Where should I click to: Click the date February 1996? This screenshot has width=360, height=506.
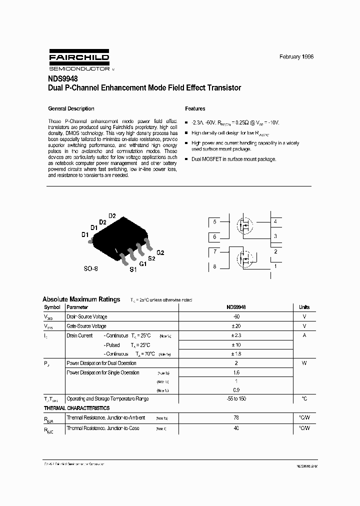(296, 57)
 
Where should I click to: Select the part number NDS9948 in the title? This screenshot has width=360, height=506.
(62, 78)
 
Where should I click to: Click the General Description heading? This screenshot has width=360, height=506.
(71, 108)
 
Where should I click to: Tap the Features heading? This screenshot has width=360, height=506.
(195, 108)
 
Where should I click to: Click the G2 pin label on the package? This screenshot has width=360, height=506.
(160, 252)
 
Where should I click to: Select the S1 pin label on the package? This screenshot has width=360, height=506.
(133, 270)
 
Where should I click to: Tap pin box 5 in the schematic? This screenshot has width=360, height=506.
(214, 221)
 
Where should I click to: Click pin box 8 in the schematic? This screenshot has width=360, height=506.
(214, 266)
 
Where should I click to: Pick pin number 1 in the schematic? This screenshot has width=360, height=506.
(275, 266)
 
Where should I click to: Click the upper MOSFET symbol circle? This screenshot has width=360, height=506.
(245, 225)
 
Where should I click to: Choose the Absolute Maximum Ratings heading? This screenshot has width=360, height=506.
(81, 299)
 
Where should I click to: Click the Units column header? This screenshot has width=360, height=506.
(304, 307)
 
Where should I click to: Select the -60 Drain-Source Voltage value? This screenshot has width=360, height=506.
(236, 316)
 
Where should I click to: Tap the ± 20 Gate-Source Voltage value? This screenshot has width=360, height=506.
(236, 326)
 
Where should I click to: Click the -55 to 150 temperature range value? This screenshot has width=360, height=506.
(236, 398)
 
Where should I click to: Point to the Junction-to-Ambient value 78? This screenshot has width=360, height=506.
(236, 417)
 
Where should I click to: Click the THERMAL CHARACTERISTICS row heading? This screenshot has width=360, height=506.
(76, 408)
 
